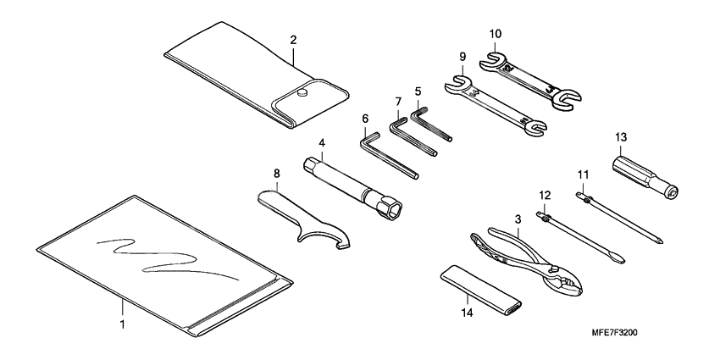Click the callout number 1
(x=123, y=324)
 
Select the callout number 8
(x=276, y=174)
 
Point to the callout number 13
(x=621, y=136)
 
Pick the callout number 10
(x=496, y=34)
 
